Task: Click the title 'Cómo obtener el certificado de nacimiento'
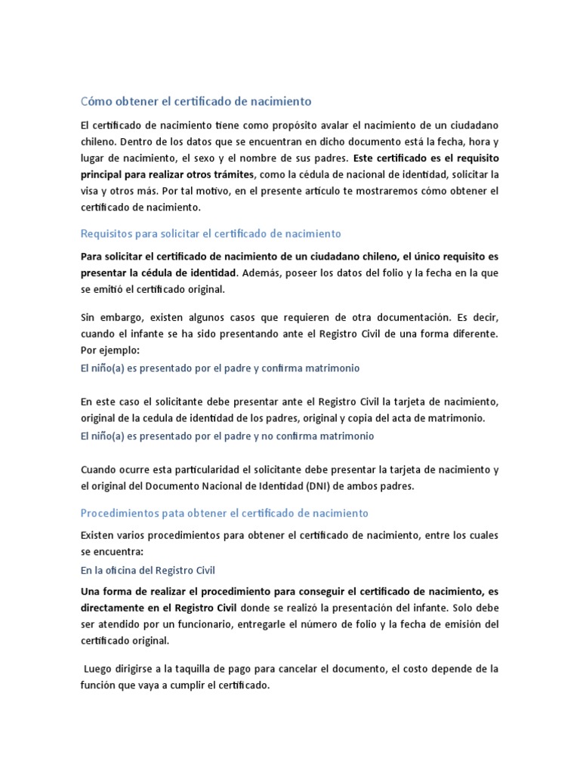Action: pos(185,101)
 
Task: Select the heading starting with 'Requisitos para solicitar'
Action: pos(211,234)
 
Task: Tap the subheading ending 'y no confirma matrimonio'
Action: pos(227,436)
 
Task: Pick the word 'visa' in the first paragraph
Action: pos(90,191)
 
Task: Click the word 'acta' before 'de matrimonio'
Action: pos(410,417)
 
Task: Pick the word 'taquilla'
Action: pos(180,669)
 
